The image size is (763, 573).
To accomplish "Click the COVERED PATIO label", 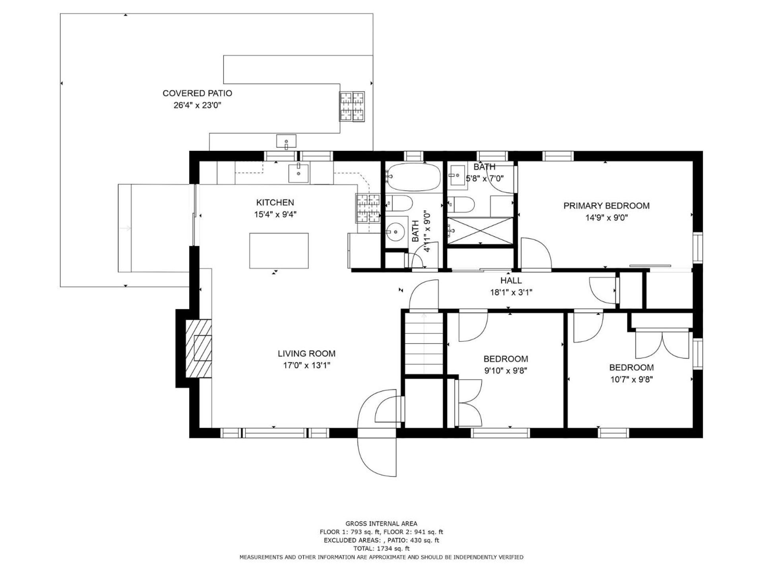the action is [197, 93].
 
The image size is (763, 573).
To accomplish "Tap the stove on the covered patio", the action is [352, 106].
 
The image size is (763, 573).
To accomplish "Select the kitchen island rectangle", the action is [279, 251].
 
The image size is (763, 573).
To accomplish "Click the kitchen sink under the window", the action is [298, 173].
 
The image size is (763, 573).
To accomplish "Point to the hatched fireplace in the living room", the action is [199, 348].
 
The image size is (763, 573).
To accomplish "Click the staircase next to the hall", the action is [424, 343].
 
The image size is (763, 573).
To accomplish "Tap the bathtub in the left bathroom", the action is [414, 177].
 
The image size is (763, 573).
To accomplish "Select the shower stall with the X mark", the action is [480, 230].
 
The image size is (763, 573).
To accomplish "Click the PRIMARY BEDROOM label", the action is [606, 206].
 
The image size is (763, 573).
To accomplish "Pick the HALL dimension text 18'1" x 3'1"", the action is [511, 292].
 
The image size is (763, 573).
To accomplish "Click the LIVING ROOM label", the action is [306, 353].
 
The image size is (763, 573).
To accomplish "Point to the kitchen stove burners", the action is [368, 208].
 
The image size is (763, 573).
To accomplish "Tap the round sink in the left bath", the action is [396, 230].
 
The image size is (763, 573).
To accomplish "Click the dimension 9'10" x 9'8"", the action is [505, 371].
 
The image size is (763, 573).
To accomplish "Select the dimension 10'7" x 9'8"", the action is [631, 380].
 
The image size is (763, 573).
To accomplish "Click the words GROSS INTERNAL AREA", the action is [381, 524].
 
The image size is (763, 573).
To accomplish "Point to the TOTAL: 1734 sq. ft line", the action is [381, 548].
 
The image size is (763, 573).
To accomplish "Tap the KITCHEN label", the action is [275, 202].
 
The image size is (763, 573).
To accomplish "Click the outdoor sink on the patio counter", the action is [287, 141].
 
